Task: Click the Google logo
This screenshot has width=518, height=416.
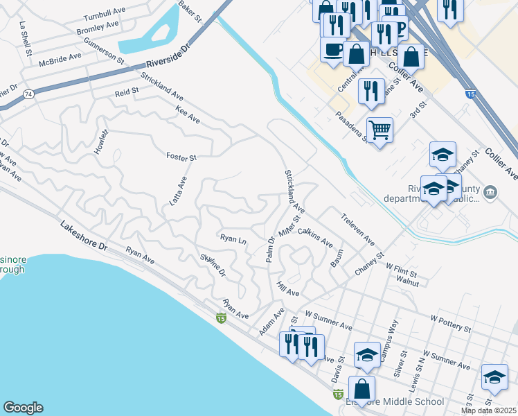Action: pos(23,408)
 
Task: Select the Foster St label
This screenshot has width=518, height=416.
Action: pos(181,157)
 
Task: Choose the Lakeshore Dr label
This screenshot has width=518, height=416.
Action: pos(84,236)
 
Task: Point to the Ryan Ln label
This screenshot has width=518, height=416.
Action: pos(233,239)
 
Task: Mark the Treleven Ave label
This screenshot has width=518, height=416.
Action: pos(357,229)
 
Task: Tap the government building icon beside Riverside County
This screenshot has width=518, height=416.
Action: pos(491,191)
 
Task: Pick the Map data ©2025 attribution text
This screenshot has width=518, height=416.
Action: pos(488,410)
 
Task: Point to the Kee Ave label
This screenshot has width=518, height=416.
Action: pos(188,116)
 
